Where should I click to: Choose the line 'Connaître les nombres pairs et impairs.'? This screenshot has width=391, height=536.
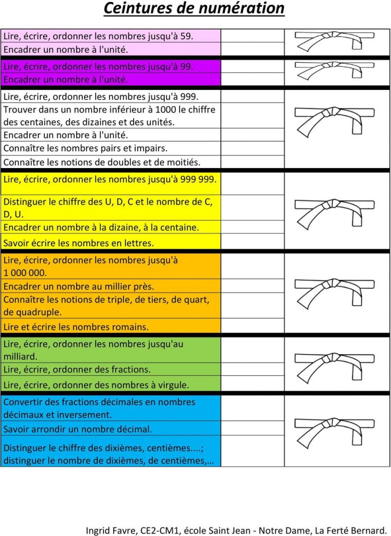[x=85, y=149]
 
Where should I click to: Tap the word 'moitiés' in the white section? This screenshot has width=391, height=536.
[x=183, y=162]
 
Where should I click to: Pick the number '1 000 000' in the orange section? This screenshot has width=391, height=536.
[x=25, y=273]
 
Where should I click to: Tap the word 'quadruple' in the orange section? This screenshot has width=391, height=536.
[x=39, y=312]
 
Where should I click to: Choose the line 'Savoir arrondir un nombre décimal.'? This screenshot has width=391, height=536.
[x=78, y=429]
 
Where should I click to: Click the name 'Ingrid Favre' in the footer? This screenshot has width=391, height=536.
[x=110, y=530]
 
